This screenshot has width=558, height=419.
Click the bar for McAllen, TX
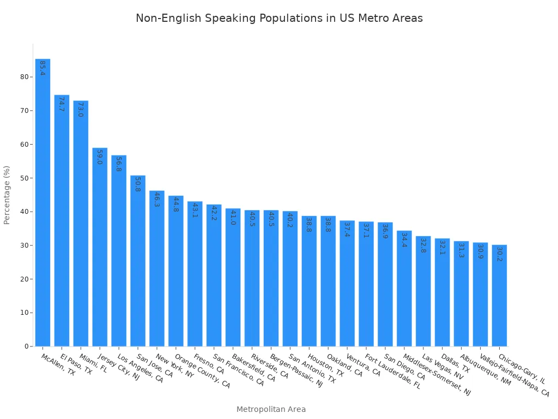click(x=43, y=202)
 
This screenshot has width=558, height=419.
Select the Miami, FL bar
click(x=81, y=223)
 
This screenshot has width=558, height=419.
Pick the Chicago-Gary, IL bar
click(x=499, y=295)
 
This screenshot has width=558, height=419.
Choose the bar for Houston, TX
click(x=309, y=281)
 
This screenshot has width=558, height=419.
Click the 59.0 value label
click(x=99, y=157)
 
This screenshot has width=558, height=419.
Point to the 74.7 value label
click(x=62, y=104)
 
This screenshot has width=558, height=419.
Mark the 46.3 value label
click(x=157, y=199)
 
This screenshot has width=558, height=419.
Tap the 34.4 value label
click(x=404, y=240)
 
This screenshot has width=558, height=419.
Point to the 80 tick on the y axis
click(x=24, y=77)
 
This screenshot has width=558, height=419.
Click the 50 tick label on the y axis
click(x=24, y=178)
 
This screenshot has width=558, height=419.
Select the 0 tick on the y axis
click(x=26, y=346)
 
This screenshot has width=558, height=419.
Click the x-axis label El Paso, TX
click(x=76, y=364)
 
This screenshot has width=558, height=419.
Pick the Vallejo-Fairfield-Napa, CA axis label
click(x=514, y=375)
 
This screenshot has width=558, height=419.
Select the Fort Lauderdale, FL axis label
click(x=393, y=371)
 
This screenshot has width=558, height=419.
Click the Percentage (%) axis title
click(x=7, y=195)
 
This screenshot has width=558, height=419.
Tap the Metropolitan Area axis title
click(x=271, y=409)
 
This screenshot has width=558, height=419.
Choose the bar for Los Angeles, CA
click(x=119, y=250)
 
